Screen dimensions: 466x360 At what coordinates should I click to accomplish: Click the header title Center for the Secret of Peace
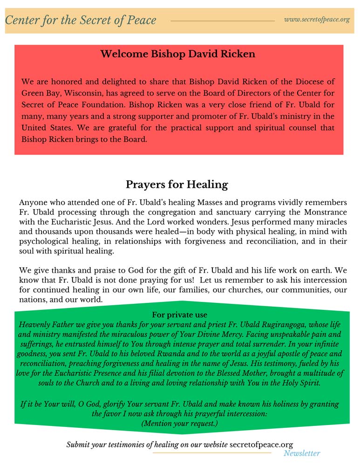[81, 20]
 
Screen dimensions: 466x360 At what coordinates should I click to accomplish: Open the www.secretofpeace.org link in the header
[317, 20]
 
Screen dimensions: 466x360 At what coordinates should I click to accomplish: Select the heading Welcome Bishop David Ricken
[178, 54]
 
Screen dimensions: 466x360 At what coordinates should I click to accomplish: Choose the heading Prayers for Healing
[177, 185]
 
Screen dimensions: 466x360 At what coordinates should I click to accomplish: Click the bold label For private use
[180, 315]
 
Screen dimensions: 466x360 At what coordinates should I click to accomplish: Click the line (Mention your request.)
[179, 424]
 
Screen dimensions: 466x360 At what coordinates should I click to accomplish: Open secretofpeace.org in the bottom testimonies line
[261, 445]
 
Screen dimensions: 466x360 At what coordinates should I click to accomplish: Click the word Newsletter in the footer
[302, 453]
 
